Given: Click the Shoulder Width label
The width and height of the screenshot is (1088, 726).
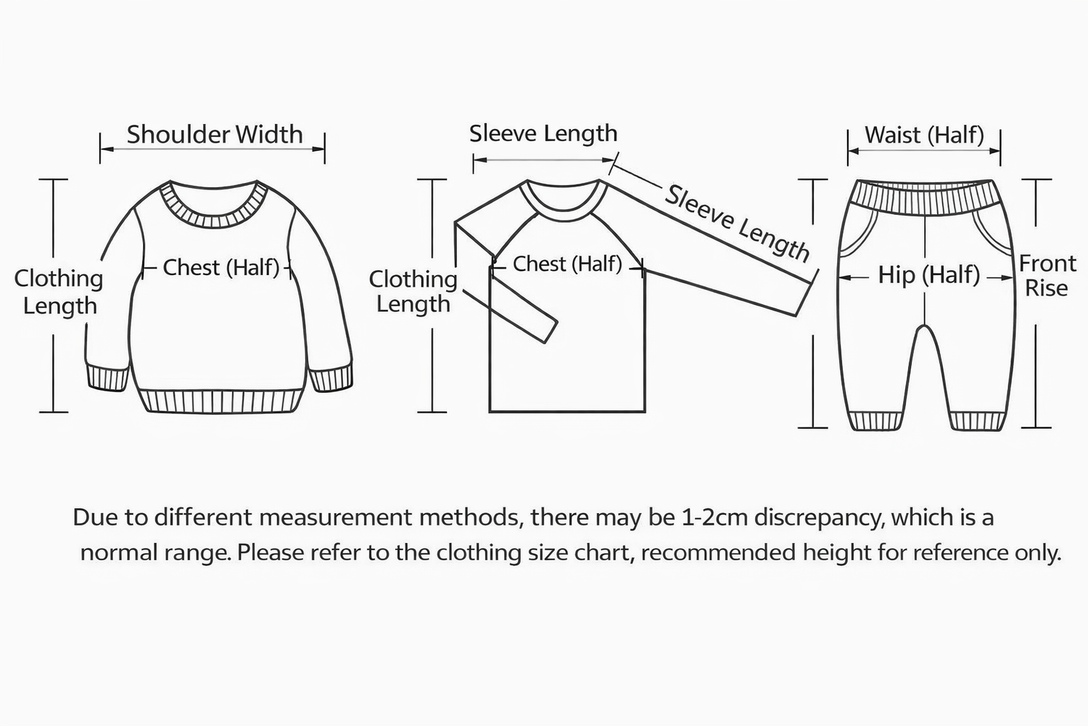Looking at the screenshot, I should [x=214, y=134].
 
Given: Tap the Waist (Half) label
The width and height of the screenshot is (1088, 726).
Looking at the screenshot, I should [x=924, y=135].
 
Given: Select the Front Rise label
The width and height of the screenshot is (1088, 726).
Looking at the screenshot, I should [x=1047, y=275].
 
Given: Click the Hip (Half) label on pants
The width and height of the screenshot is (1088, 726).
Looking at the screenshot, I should [x=928, y=274].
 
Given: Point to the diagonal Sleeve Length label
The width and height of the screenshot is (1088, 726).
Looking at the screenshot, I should [x=737, y=223].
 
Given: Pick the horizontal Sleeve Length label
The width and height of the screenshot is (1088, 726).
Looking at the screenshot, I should [x=543, y=134].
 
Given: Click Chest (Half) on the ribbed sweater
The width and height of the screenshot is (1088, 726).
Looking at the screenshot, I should [x=221, y=267].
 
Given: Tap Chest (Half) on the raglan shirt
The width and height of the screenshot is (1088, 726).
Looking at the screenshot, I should [x=567, y=264].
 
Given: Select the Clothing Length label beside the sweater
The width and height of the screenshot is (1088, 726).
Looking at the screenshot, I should [x=59, y=291].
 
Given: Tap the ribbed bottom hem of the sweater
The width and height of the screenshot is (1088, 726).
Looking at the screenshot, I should [x=219, y=401].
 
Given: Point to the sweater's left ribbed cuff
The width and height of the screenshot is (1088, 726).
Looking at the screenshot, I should [x=107, y=378].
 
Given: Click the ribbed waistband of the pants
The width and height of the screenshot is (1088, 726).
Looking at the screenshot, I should [x=923, y=197].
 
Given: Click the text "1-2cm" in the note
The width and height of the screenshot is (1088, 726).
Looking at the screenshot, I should [x=714, y=518].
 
